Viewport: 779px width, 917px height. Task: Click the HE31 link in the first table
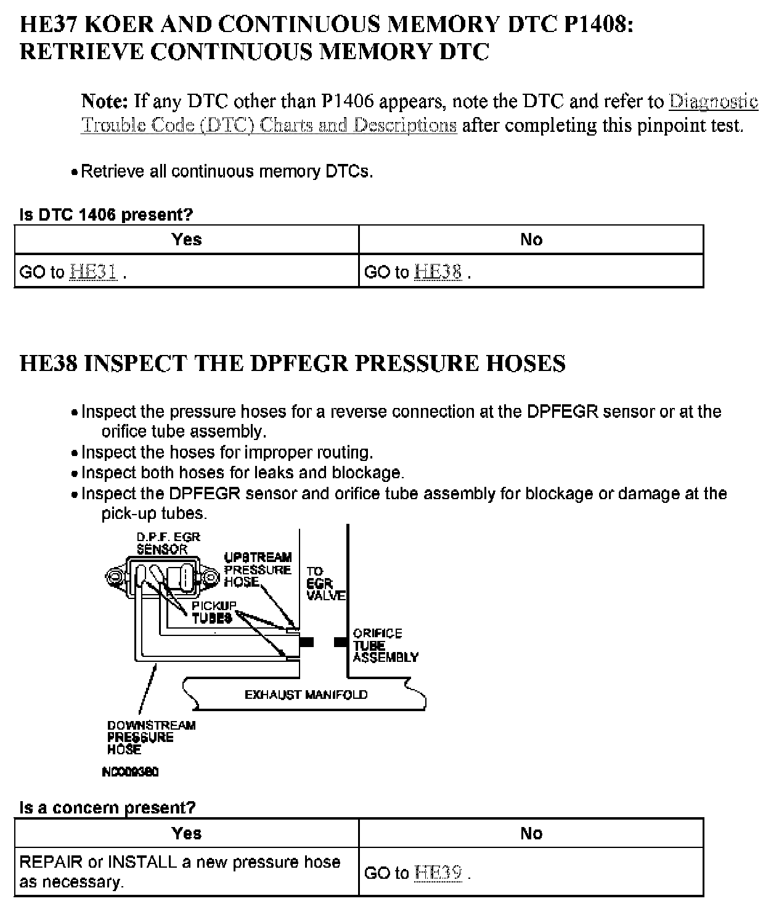coord(93,272)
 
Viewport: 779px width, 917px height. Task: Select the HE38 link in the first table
coord(438,272)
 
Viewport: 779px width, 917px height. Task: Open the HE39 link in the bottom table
coord(438,873)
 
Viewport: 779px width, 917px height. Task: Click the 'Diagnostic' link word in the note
coord(713,101)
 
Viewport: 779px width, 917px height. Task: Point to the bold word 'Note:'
coord(105,101)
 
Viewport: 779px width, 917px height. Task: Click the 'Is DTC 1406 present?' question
coord(106,215)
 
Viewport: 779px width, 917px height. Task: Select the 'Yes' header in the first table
coord(187,240)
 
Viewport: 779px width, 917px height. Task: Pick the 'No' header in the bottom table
coord(531,834)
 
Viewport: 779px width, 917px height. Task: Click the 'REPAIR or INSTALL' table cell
coord(180,871)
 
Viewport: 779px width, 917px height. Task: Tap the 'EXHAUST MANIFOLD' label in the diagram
coord(306,695)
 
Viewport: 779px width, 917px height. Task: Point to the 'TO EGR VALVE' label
coord(325,584)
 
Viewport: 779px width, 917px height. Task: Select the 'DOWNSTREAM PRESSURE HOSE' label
coord(151,737)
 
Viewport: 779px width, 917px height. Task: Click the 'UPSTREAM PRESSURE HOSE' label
coord(258,569)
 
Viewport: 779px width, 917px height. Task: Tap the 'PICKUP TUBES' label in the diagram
coord(213,612)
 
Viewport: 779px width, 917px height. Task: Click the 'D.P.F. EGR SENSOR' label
coord(168,543)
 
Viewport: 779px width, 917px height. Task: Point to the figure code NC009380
coord(130,772)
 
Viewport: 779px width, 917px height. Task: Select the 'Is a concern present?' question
coord(107,808)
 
